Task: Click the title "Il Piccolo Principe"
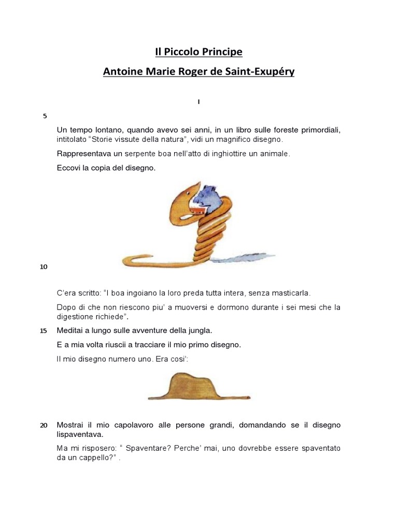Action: [x=199, y=52]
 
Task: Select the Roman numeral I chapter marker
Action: [x=198, y=102]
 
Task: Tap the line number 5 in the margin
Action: [x=45, y=115]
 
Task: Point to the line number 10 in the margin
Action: [x=44, y=267]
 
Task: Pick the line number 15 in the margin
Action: [x=44, y=331]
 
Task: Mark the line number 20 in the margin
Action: [x=44, y=425]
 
